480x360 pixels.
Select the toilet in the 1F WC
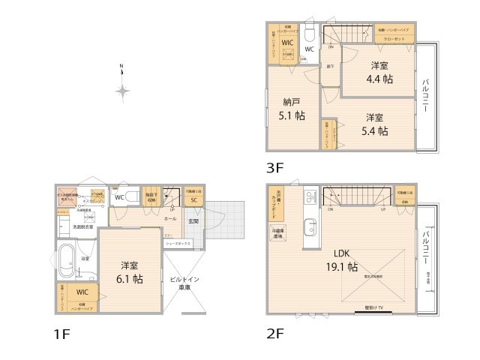(133, 197)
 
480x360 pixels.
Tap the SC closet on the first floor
(193, 200)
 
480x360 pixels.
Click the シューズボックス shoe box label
(178, 243)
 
